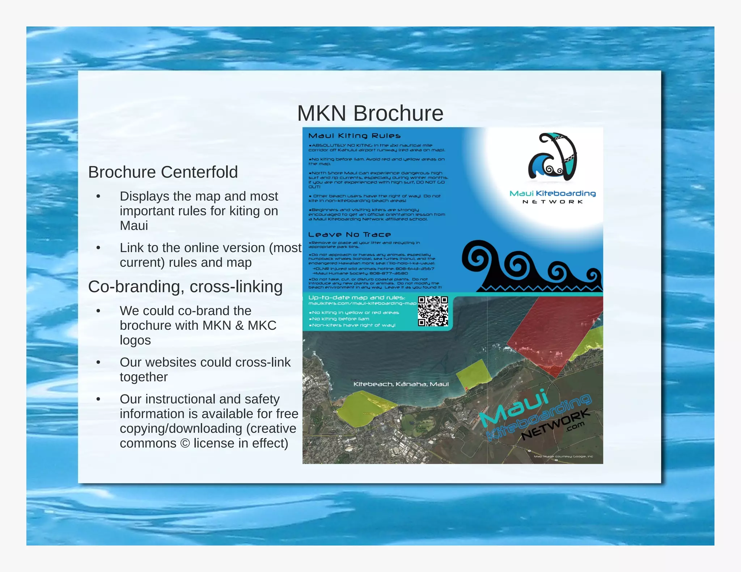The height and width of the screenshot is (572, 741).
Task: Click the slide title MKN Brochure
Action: (x=370, y=113)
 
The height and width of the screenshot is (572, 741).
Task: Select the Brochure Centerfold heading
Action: (x=163, y=172)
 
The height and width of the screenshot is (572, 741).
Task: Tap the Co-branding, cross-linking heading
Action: (x=185, y=287)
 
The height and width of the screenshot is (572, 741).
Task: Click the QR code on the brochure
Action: (x=433, y=311)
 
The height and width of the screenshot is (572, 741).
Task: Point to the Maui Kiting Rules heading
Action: (x=354, y=136)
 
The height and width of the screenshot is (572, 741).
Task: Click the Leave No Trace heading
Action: (x=349, y=235)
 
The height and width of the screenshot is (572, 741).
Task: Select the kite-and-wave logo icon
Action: (x=552, y=157)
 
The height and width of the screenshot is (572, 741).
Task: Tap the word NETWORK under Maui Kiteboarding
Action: (x=552, y=202)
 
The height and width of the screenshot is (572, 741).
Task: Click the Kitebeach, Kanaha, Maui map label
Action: (x=401, y=384)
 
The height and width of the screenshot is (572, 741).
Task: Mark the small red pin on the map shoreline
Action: (x=466, y=389)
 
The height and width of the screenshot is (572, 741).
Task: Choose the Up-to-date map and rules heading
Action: (x=356, y=298)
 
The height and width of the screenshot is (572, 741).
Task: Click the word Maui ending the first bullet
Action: (x=134, y=226)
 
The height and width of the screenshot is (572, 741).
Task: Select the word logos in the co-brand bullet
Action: (x=135, y=341)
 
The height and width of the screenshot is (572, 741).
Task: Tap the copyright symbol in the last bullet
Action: (x=185, y=443)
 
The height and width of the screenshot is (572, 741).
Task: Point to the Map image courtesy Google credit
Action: (x=563, y=456)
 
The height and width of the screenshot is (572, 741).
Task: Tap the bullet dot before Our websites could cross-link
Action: (x=98, y=362)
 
